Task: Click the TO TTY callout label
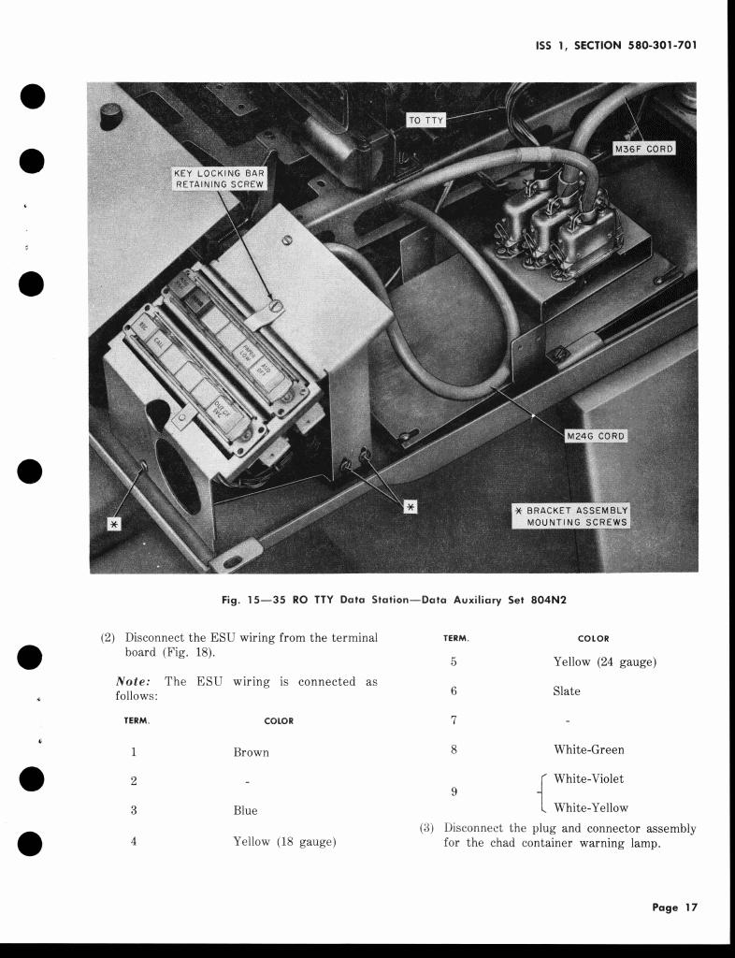(x=426, y=120)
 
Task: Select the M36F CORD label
(x=643, y=149)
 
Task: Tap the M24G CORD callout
(x=596, y=436)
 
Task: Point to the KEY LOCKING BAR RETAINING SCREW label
(x=220, y=179)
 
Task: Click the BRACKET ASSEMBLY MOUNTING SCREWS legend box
(x=571, y=515)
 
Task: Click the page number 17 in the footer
(x=690, y=907)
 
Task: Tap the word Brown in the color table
(x=251, y=752)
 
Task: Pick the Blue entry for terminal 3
(x=245, y=810)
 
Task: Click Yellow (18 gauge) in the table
(x=284, y=841)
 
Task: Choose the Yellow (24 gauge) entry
(x=605, y=661)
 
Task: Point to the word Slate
(x=567, y=691)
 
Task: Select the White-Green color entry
(x=589, y=749)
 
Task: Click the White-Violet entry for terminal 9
(x=588, y=778)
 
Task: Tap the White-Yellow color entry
(x=591, y=807)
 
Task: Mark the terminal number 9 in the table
(x=454, y=791)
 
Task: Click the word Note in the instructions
(x=133, y=682)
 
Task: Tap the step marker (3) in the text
(x=426, y=828)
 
